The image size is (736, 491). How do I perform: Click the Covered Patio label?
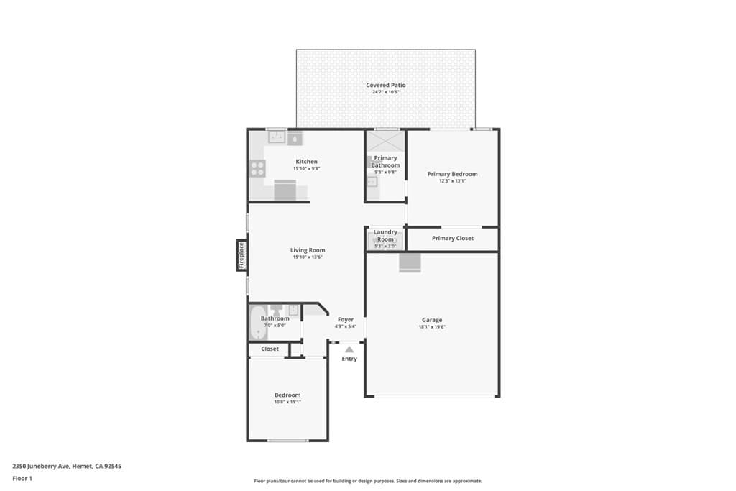click(x=386, y=85)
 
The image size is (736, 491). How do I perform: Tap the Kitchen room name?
click(x=306, y=162)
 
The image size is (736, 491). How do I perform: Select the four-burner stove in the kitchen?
click(x=257, y=169)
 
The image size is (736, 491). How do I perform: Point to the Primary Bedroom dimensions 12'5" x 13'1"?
click(x=452, y=181)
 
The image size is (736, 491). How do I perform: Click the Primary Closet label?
click(x=452, y=238)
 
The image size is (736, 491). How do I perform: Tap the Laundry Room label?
click(x=385, y=236)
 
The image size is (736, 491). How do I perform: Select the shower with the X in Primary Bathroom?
click(x=386, y=141)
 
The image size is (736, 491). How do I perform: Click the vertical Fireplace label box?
click(x=241, y=255)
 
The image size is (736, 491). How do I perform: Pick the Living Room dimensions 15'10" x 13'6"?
click(x=308, y=257)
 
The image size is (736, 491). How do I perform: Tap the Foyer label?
click(x=345, y=319)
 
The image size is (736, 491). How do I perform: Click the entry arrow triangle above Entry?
click(x=349, y=349)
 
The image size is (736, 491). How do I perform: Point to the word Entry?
click(x=349, y=359)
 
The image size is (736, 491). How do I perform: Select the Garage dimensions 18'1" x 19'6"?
click(x=432, y=326)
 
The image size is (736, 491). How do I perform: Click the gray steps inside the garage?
click(x=410, y=263)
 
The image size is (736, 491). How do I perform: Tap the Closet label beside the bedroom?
click(x=270, y=349)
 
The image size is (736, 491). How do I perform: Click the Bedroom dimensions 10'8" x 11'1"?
click(x=287, y=402)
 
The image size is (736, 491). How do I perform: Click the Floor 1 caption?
click(x=22, y=478)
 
